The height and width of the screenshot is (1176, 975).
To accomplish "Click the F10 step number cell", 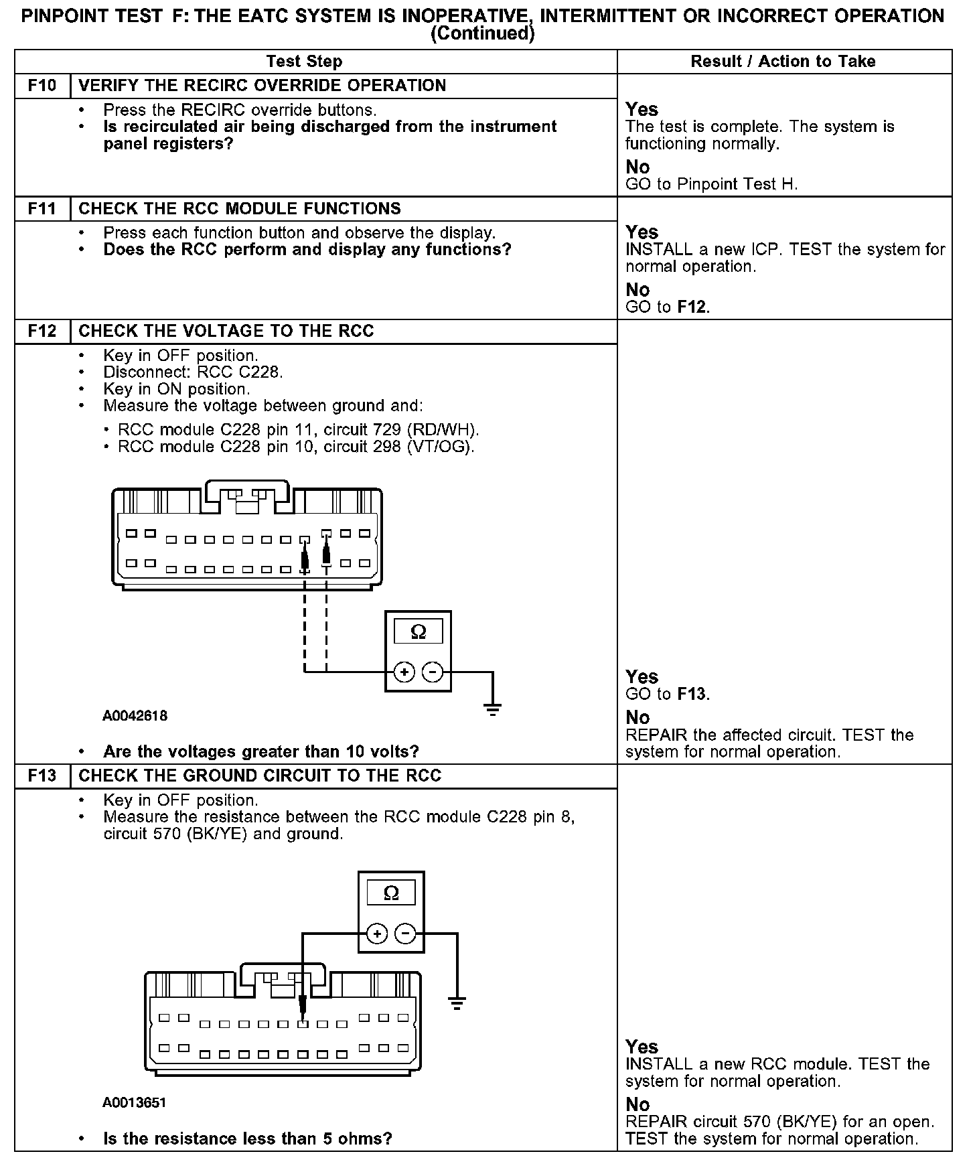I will click(x=42, y=86).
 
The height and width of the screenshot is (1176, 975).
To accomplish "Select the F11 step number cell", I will click(x=42, y=209).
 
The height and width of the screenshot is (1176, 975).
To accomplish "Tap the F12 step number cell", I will click(x=42, y=332).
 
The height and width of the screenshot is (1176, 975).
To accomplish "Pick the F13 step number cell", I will click(x=42, y=776).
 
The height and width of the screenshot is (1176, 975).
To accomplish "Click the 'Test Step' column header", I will click(x=304, y=62).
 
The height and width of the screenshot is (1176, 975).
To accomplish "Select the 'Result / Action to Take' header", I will click(x=783, y=62).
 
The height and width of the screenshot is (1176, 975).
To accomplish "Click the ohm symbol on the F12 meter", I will click(x=418, y=632).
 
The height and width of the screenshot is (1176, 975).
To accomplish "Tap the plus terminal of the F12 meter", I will click(x=404, y=672).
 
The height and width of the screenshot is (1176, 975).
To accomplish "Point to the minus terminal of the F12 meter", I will click(x=433, y=672).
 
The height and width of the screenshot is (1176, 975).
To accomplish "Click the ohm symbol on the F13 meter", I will click(x=391, y=893).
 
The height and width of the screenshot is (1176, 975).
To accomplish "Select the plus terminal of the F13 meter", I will click(x=377, y=934).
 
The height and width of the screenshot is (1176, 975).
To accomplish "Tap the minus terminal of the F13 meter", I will click(x=405, y=934).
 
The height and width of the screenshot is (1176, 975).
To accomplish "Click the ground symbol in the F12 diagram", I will click(x=493, y=709).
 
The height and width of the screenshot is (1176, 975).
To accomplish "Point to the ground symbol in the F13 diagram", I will click(x=457, y=1003).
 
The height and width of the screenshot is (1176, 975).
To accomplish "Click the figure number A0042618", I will click(x=135, y=716).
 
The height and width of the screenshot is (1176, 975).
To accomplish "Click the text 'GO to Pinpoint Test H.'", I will click(x=711, y=184).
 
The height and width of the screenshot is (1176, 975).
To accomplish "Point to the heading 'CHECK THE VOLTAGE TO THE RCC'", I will click(x=226, y=332).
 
